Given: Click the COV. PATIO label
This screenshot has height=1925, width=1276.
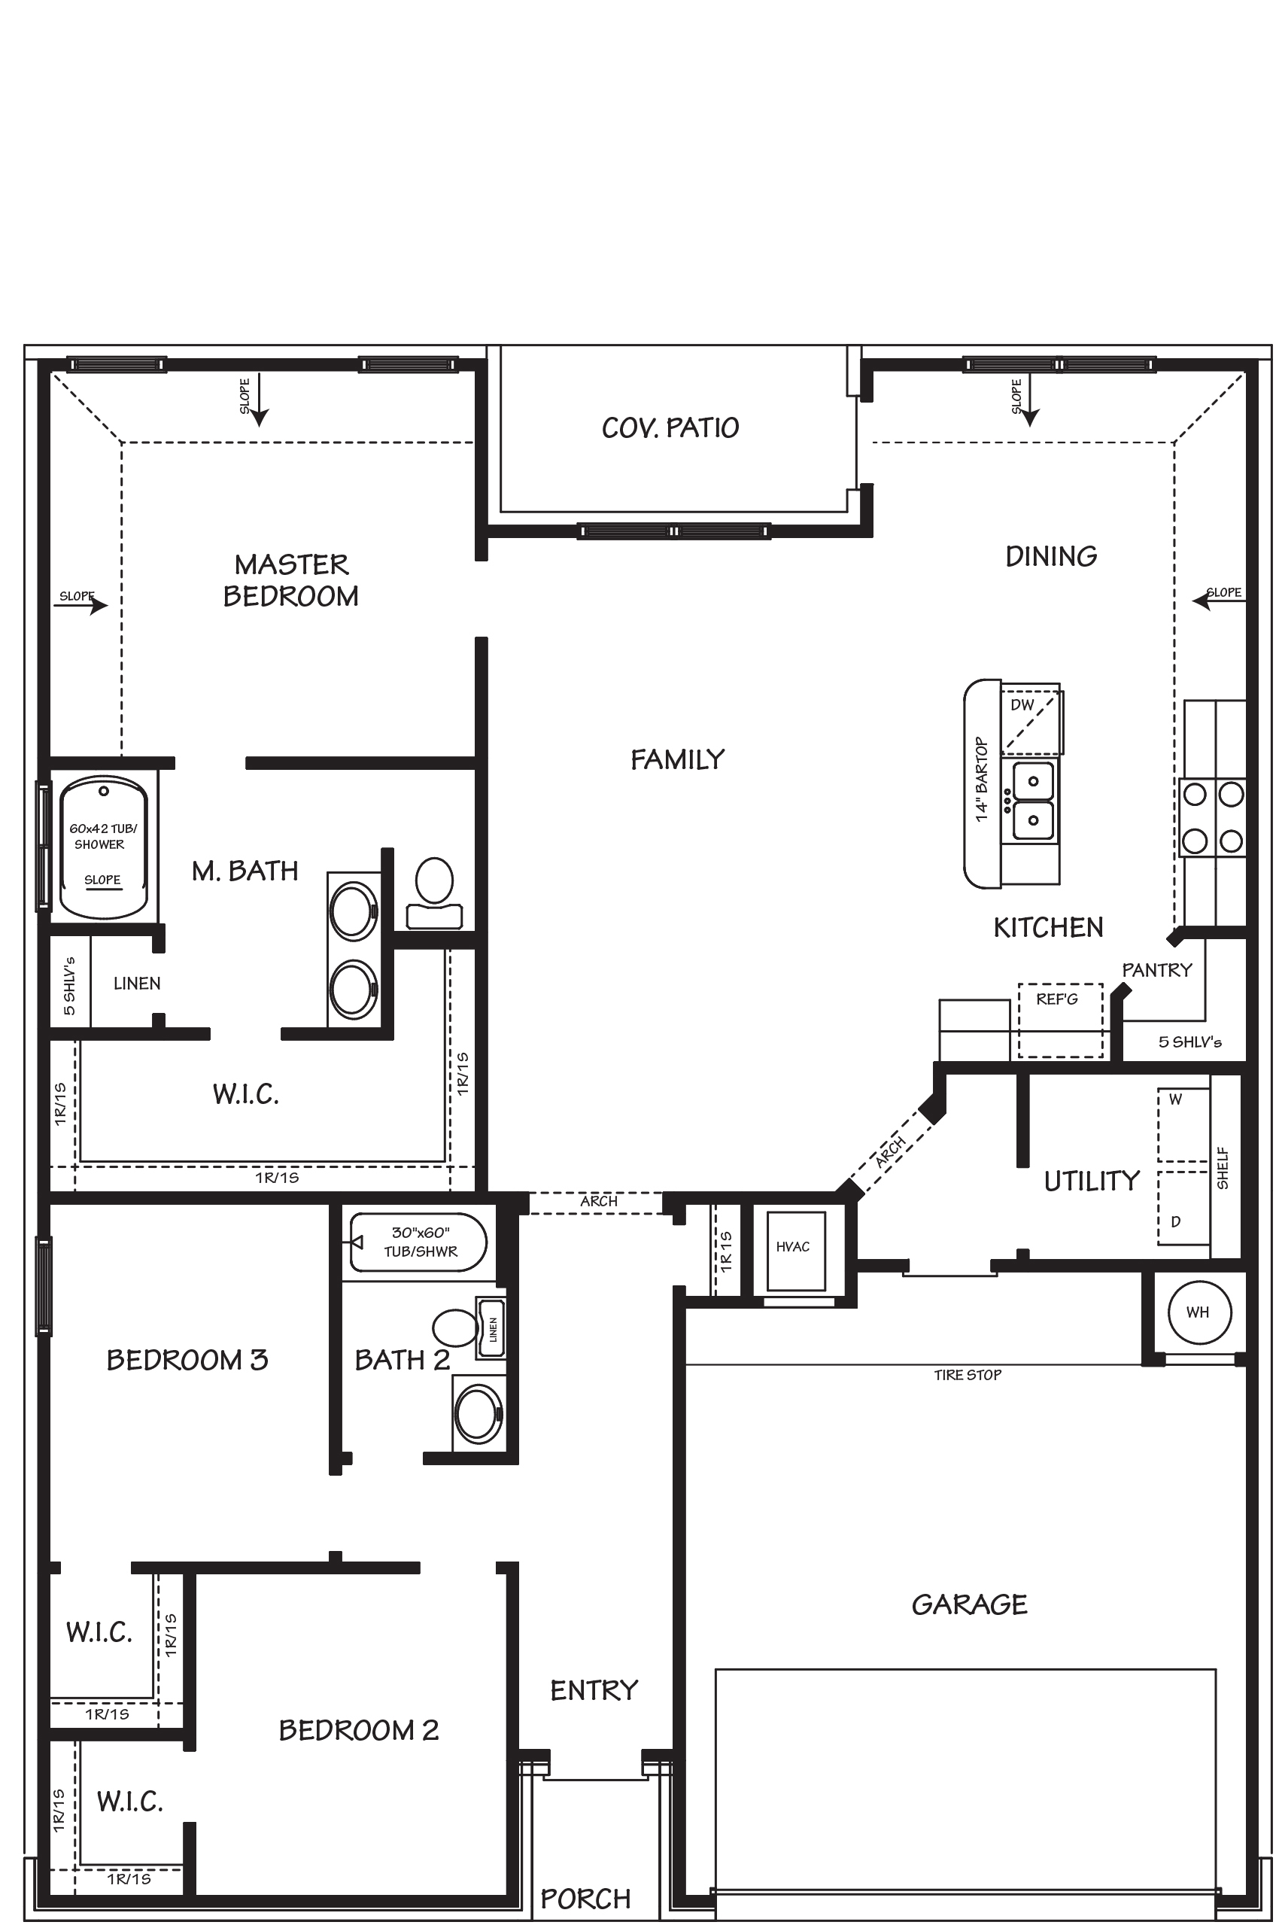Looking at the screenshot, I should [670, 428].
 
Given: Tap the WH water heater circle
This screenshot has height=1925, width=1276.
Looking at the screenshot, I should [1198, 1312].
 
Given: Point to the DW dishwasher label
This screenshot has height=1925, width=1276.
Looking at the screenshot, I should [1022, 705].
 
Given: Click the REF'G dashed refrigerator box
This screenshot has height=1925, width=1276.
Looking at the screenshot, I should [1059, 1020].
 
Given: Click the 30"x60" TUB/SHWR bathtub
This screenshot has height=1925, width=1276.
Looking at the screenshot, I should [419, 1242].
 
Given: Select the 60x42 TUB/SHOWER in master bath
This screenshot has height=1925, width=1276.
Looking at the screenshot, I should [102, 847].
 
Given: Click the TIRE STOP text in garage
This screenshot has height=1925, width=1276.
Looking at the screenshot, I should [967, 1375].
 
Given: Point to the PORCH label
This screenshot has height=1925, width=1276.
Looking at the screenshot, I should [585, 1898].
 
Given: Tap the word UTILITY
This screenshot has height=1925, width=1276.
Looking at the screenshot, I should [1091, 1181].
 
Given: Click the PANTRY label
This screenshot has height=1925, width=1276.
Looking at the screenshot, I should [1156, 969].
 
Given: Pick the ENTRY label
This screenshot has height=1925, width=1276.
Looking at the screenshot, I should [594, 1690].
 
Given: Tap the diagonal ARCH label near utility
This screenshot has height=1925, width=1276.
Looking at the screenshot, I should [890, 1151].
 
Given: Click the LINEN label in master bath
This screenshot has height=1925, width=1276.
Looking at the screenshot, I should [137, 984].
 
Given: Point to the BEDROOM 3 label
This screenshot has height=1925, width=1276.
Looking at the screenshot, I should [187, 1359].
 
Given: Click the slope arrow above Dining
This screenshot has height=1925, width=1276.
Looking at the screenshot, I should [1029, 403].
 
